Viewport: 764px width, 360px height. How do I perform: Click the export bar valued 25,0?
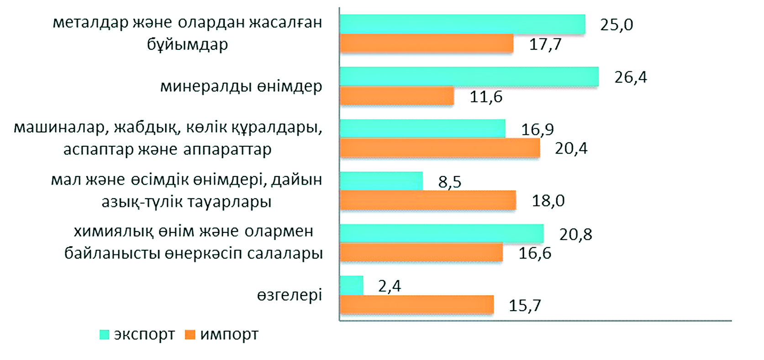[462, 24]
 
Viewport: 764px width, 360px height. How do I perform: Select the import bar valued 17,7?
[427, 43]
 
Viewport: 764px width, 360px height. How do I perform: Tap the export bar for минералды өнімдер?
[469, 76]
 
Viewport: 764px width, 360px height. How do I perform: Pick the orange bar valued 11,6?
[397, 96]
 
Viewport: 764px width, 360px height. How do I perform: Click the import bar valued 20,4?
[440, 148]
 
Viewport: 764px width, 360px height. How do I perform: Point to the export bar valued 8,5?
[381, 181]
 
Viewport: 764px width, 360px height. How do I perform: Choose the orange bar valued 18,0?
[428, 201]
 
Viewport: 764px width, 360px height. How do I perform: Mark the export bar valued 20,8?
[442, 233]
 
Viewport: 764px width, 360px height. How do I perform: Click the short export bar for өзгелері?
[352, 286]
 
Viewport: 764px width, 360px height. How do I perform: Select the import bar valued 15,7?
[416, 305]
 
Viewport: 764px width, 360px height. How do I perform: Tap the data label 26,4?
[630, 77]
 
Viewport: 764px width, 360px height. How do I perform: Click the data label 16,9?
[537, 130]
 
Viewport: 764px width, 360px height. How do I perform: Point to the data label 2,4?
[389, 286]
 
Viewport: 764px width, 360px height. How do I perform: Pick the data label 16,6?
[534, 253]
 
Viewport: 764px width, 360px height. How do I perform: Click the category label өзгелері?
[290, 295]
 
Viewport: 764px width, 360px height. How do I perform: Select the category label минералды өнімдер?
[241, 86]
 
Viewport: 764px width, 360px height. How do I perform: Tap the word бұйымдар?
[187, 45]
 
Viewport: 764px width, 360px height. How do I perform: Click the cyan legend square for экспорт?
[105, 335]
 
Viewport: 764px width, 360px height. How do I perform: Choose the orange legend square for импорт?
[190, 335]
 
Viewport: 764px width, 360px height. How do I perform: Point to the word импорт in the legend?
[229, 335]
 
